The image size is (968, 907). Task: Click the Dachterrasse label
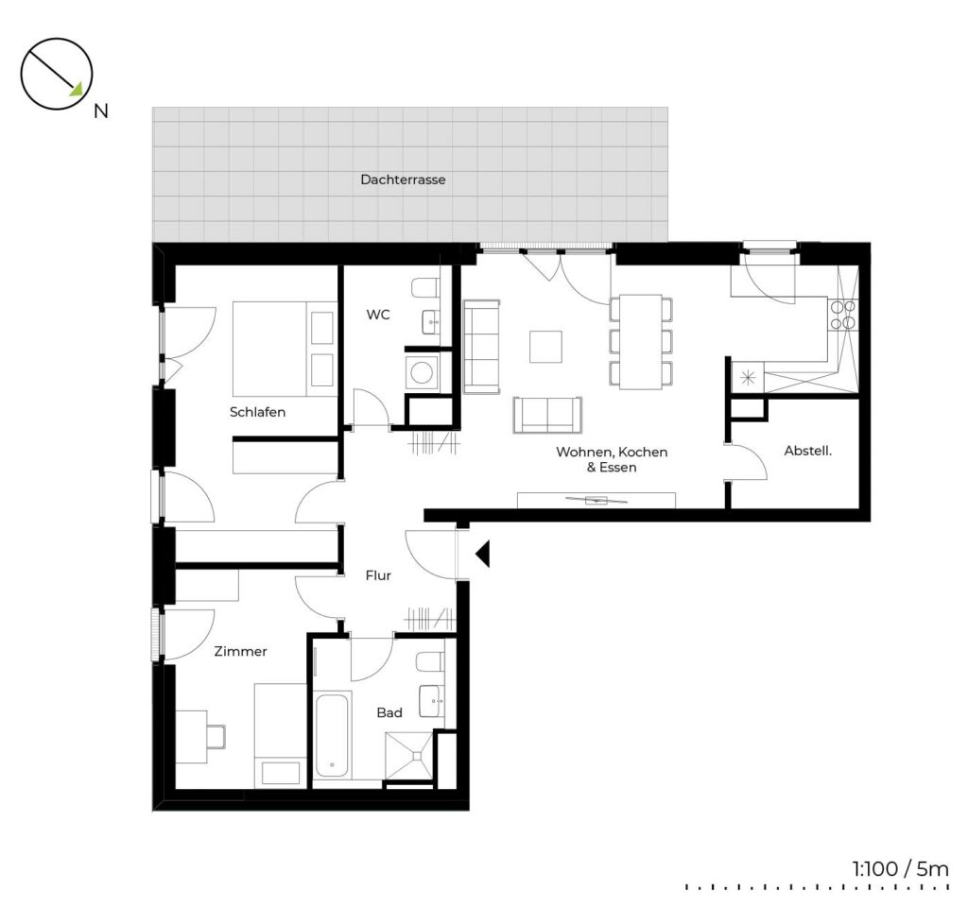pyautogui.click(x=403, y=180)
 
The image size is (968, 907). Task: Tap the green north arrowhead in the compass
pyautogui.click(x=77, y=90)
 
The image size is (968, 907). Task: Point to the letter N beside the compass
pyautogui.click(x=100, y=111)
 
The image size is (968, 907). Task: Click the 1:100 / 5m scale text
pyautogui.click(x=900, y=869)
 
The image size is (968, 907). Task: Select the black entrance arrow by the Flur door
pyautogui.click(x=483, y=554)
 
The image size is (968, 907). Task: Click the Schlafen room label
pyautogui.click(x=257, y=412)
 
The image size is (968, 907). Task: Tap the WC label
pyautogui.click(x=378, y=315)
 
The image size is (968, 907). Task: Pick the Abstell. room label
pyautogui.click(x=807, y=451)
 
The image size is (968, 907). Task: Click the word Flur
pyautogui.click(x=378, y=575)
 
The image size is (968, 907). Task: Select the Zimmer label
pyautogui.click(x=240, y=651)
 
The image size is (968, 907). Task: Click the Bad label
pyautogui.click(x=389, y=712)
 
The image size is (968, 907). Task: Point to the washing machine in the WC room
pyautogui.click(x=423, y=372)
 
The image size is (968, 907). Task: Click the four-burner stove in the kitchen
pyautogui.click(x=842, y=315)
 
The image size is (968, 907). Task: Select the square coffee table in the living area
pyautogui.click(x=545, y=347)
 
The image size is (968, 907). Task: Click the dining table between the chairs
pyautogui.click(x=641, y=342)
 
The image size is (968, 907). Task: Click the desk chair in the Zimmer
pyautogui.click(x=216, y=737)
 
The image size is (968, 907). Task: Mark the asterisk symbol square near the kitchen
pyautogui.click(x=748, y=377)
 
